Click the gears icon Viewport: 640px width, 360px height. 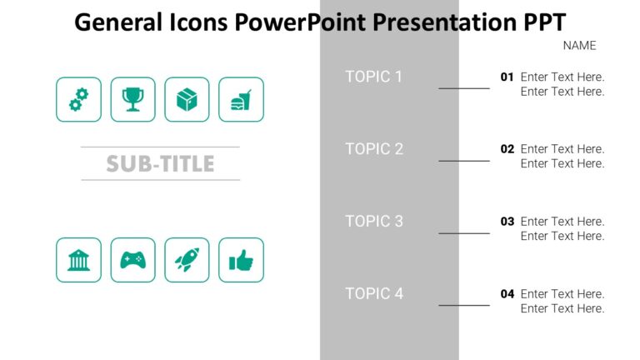pyautogui.click(x=78, y=100)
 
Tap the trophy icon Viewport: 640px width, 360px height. pyautogui.click(x=132, y=100)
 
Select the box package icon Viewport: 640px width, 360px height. pyautogui.click(x=187, y=100)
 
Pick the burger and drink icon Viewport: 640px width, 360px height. pyautogui.click(x=241, y=100)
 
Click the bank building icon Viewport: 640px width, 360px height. pyautogui.click(x=78, y=260)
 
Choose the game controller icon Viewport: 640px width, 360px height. pyautogui.click(x=132, y=260)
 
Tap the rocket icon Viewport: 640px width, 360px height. pyautogui.click(x=187, y=260)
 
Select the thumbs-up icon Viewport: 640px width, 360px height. pyautogui.click(x=241, y=260)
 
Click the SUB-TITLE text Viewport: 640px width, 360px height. pyautogui.click(x=160, y=164)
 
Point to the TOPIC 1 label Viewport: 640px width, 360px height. pyautogui.click(x=374, y=77)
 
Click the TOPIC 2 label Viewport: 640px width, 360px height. pyautogui.click(x=374, y=149)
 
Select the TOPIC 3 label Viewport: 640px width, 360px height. pyautogui.click(x=374, y=222)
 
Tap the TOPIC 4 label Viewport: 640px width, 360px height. pyautogui.click(x=374, y=293)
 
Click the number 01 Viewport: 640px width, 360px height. pyautogui.click(x=507, y=77)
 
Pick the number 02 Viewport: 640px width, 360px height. pyautogui.click(x=507, y=149)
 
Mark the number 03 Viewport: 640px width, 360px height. pyautogui.click(x=507, y=222)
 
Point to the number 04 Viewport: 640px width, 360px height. pyautogui.click(x=507, y=293)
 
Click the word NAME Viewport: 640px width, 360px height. pyautogui.click(x=579, y=46)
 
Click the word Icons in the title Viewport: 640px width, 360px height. pyautogui.click(x=197, y=22)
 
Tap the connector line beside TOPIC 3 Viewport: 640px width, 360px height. pyautogui.click(x=464, y=233)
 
